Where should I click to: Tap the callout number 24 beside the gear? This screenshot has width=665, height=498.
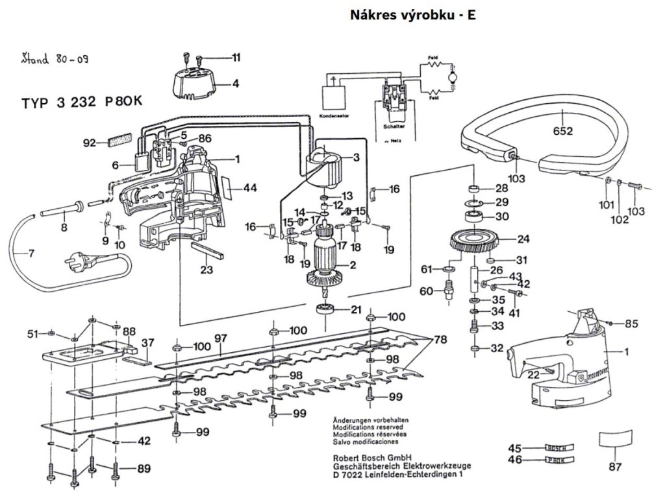point(523,239)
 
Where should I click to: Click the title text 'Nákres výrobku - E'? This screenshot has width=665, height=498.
point(412,14)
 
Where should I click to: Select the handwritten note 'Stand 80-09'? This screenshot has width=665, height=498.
point(55,60)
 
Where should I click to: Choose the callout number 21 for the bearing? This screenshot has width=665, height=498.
point(356,309)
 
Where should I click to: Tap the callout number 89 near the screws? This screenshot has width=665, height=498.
point(144,468)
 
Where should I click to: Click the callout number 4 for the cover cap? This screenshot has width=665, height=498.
point(235,83)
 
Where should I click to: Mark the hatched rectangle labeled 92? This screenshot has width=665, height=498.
point(120,140)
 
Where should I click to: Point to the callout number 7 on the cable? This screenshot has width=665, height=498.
point(31,253)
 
